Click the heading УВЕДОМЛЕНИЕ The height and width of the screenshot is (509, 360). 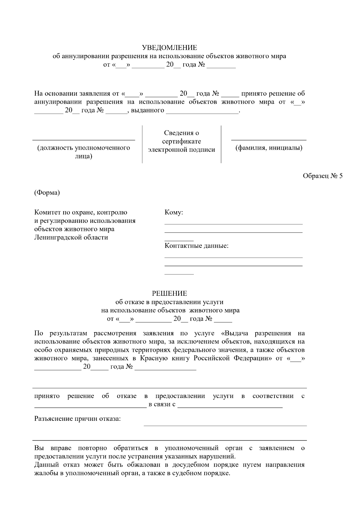[x=169, y=48]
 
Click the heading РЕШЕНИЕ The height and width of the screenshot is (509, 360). [x=169, y=293]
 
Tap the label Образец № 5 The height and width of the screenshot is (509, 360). [x=322, y=176]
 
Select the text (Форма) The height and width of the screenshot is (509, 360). [x=47, y=193]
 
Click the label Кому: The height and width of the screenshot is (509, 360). [x=174, y=213]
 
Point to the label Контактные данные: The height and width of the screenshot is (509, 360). [x=196, y=246]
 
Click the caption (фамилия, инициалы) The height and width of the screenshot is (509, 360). [x=269, y=148]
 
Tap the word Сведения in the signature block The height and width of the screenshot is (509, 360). [x=181, y=133]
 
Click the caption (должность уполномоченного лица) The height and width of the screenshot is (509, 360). [x=83, y=152]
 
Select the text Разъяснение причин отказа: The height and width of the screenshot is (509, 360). [x=77, y=419]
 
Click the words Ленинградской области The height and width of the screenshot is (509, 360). [x=71, y=238]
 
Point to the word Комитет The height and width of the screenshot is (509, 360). [x=47, y=213]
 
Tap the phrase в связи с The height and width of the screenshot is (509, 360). [x=162, y=404]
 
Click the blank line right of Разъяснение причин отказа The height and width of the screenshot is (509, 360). [x=225, y=425]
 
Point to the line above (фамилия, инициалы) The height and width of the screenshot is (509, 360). [x=269, y=140]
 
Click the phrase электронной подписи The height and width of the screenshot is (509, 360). [x=181, y=150]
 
